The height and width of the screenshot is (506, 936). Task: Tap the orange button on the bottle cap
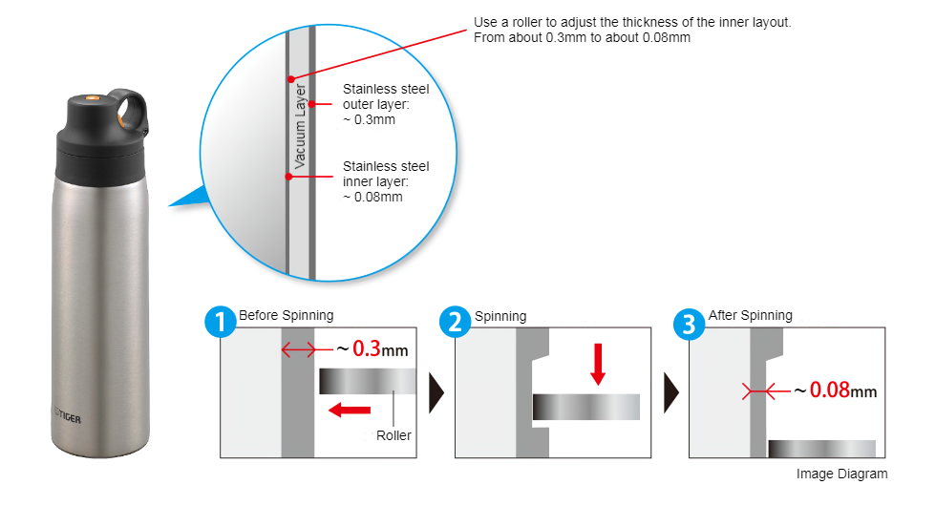tap(92, 98)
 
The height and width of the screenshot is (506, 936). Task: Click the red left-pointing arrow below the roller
tap(349, 410)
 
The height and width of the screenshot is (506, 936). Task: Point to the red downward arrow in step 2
tap(598, 364)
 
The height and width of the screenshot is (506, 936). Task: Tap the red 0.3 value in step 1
tap(368, 349)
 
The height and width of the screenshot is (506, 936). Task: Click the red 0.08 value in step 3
tap(829, 390)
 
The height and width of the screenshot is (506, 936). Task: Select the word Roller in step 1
tap(393, 435)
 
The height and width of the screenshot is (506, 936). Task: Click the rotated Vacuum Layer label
tap(301, 127)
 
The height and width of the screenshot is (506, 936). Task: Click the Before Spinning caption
tap(287, 315)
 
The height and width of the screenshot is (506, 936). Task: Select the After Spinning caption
tap(750, 315)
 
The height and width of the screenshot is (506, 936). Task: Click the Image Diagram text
tap(841, 474)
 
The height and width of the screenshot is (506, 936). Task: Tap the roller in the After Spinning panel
tap(821, 449)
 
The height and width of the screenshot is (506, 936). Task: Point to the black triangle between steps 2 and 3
tap(671, 391)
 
